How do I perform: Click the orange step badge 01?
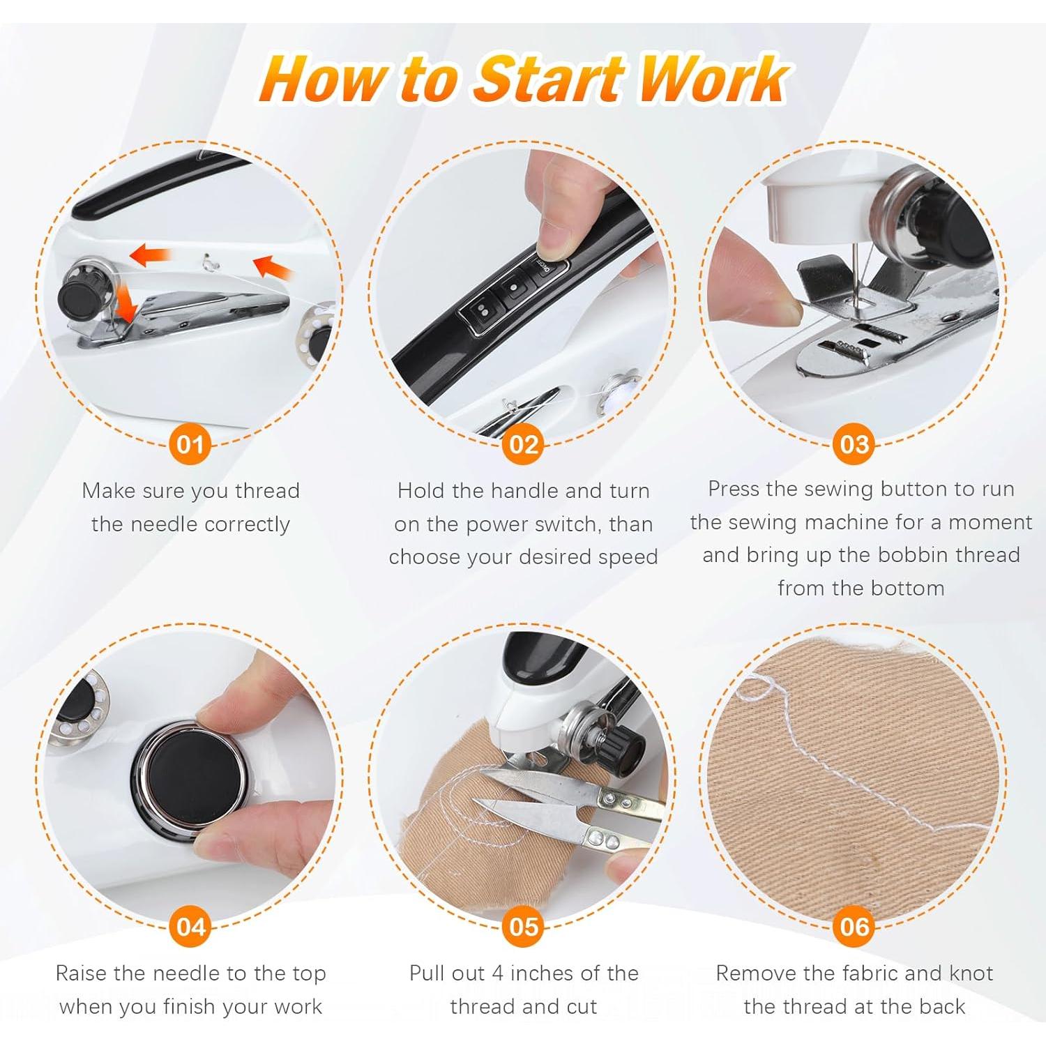pyautogui.click(x=190, y=445)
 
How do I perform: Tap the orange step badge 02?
pyautogui.click(x=523, y=445)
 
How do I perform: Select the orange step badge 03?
pyautogui.click(x=854, y=445)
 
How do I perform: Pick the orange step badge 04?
pyautogui.click(x=190, y=927)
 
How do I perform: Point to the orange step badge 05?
pyautogui.click(x=523, y=927)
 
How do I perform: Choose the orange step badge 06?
pyautogui.click(x=854, y=927)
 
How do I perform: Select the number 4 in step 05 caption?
pyautogui.click(x=498, y=973)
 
